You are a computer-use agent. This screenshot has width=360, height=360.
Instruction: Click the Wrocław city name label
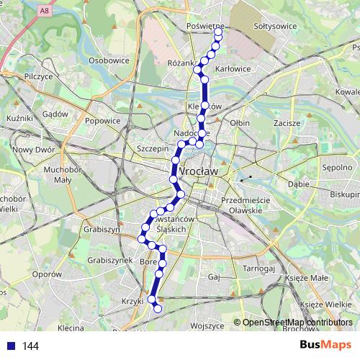[x=197, y=172]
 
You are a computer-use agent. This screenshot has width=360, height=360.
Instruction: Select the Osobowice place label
[x=108, y=61]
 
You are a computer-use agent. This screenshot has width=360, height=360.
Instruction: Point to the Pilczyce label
[x=38, y=76]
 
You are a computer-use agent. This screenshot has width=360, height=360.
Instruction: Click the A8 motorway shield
[x=45, y=11]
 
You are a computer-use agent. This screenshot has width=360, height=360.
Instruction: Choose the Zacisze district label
[x=287, y=123]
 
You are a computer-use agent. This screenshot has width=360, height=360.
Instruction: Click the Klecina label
[x=71, y=328]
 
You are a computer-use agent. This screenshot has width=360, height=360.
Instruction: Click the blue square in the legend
[x=10, y=346]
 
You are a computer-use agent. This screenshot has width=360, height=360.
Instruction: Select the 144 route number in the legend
[x=30, y=346]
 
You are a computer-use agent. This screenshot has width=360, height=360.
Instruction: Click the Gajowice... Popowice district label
[x=102, y=121]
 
